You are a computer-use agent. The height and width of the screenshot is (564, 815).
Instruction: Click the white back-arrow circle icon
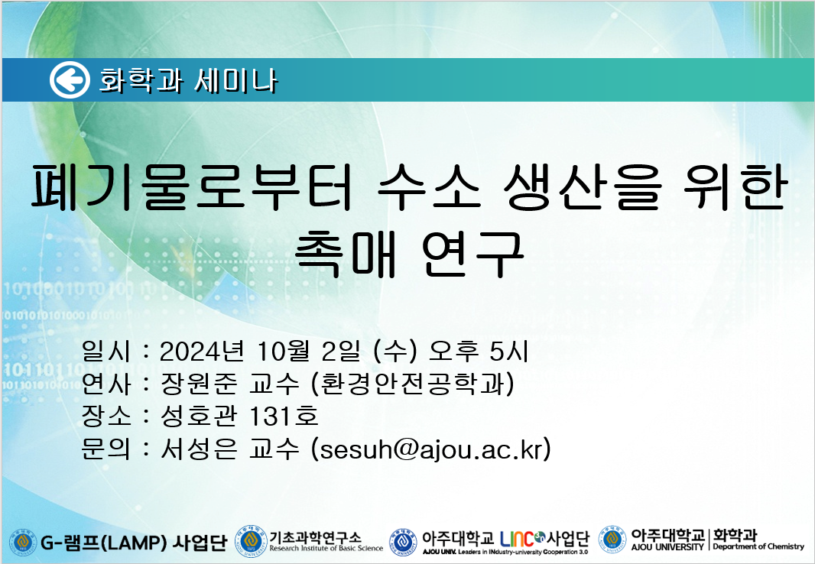coord(70,80)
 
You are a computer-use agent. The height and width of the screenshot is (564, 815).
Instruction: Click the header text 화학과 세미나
coord(189,81)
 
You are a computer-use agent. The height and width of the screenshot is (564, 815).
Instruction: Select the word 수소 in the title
coord(429,187)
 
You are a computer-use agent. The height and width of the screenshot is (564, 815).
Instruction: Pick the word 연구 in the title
coord(472,253)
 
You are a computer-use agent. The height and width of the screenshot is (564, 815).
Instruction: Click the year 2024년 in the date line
coord(202,351)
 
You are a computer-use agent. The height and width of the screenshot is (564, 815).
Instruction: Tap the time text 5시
coord(509,351)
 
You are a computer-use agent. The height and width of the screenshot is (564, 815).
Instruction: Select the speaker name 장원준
coord(199,384)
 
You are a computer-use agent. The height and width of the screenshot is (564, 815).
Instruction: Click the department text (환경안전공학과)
coord(412,384)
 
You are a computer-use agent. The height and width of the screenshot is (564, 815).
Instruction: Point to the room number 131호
coord(284,416)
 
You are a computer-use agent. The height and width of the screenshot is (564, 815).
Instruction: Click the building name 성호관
coord(199,416)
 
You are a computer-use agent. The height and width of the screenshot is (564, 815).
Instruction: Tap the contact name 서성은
coord(199,449)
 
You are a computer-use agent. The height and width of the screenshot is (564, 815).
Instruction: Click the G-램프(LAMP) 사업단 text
coord(134,543)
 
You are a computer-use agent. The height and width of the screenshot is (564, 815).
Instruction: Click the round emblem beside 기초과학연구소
coord(251,540)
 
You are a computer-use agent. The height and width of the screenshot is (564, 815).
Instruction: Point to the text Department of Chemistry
coord(758,546)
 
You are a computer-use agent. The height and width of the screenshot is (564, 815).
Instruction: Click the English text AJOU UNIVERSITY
coord(667,546)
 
